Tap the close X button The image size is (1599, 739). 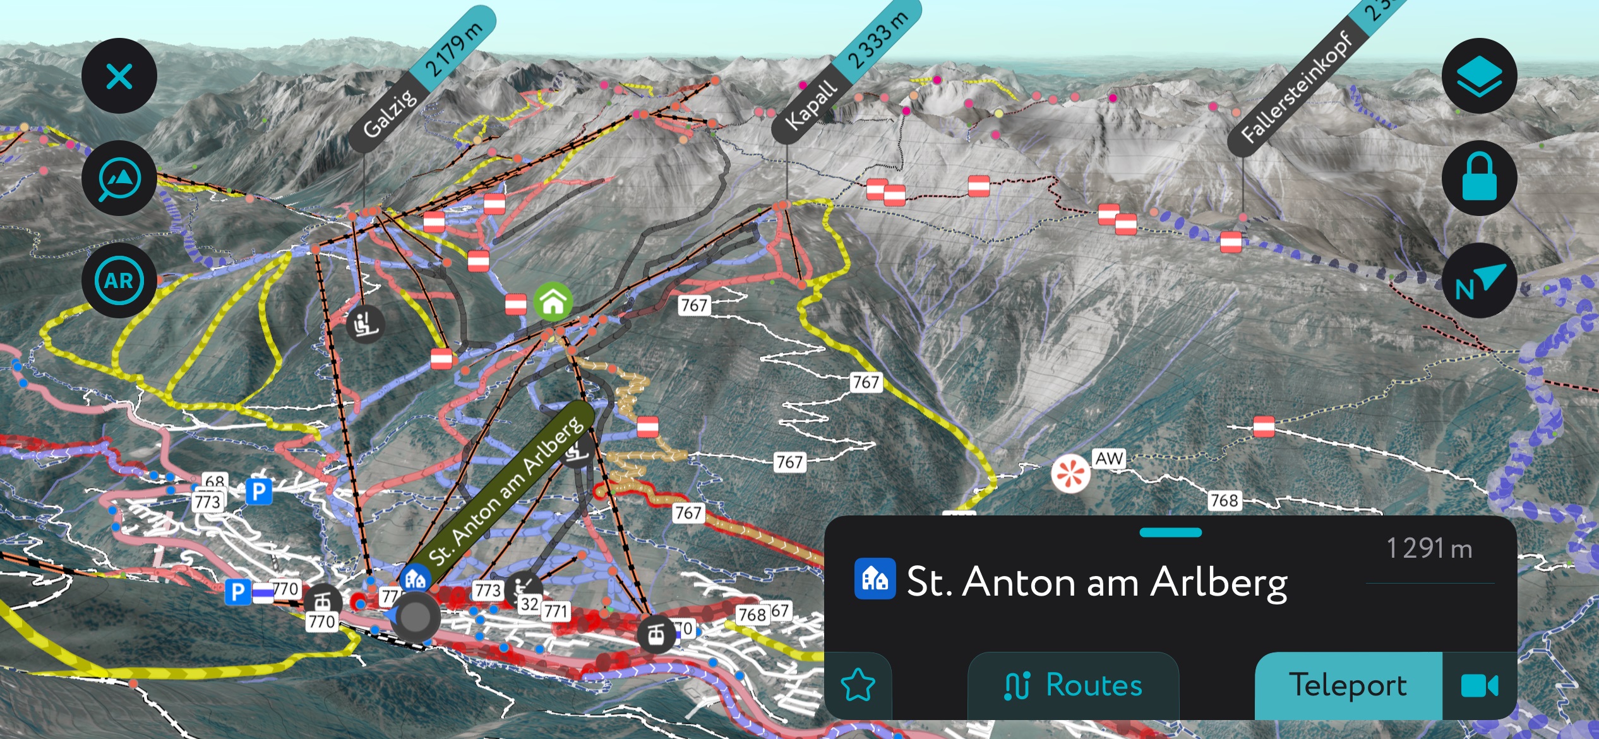pyautogui.click(x=119, y=76)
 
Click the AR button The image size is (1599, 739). pyautogui.click(x=119, y=280)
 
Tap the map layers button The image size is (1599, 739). pyautogui.click(x=1479, y=76)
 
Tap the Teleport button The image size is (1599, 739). pyautogui.click(x=1348, y=685)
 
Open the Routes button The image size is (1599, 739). pyautogui.click(x=1073, y=685)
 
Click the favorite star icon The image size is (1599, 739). pyautogui.click(x=858, y=686)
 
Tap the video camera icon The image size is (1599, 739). pyautogui.click(x=1479, y=685)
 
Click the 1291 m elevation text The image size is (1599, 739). pyautogui.click(x=1429, y=548)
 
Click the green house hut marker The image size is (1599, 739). pyautogui.click(x=553, y=301)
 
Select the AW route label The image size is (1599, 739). pyautogui.click(x=1109, y=459)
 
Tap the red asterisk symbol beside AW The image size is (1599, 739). pyautogui.click(x=1070, y=473)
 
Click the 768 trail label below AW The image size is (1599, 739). pyautogui.click(x=1225, y=501)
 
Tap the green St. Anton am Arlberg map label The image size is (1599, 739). pyautogui.click(x=505, y=493)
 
